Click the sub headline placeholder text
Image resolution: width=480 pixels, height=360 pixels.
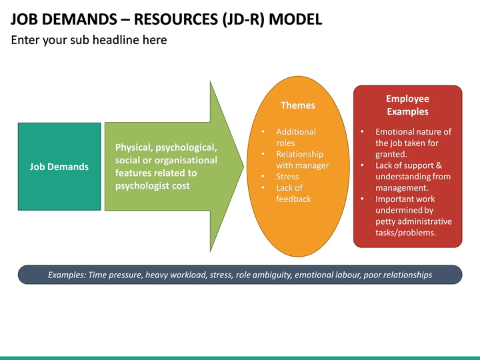(89, 40)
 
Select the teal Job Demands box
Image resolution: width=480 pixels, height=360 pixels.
(59, 167)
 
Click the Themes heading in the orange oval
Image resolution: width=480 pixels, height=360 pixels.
(297, 105)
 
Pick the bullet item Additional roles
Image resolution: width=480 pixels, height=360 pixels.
(296, 137)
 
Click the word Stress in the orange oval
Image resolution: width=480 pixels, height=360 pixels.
(288, 177)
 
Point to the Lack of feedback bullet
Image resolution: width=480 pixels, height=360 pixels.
(293, 193)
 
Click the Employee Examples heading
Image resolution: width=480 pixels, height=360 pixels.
(407, 105)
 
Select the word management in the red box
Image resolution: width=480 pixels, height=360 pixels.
(401, 188)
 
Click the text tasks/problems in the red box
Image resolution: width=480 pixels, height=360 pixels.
(405, 233)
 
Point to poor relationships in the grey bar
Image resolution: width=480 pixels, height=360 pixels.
(397, 275)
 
